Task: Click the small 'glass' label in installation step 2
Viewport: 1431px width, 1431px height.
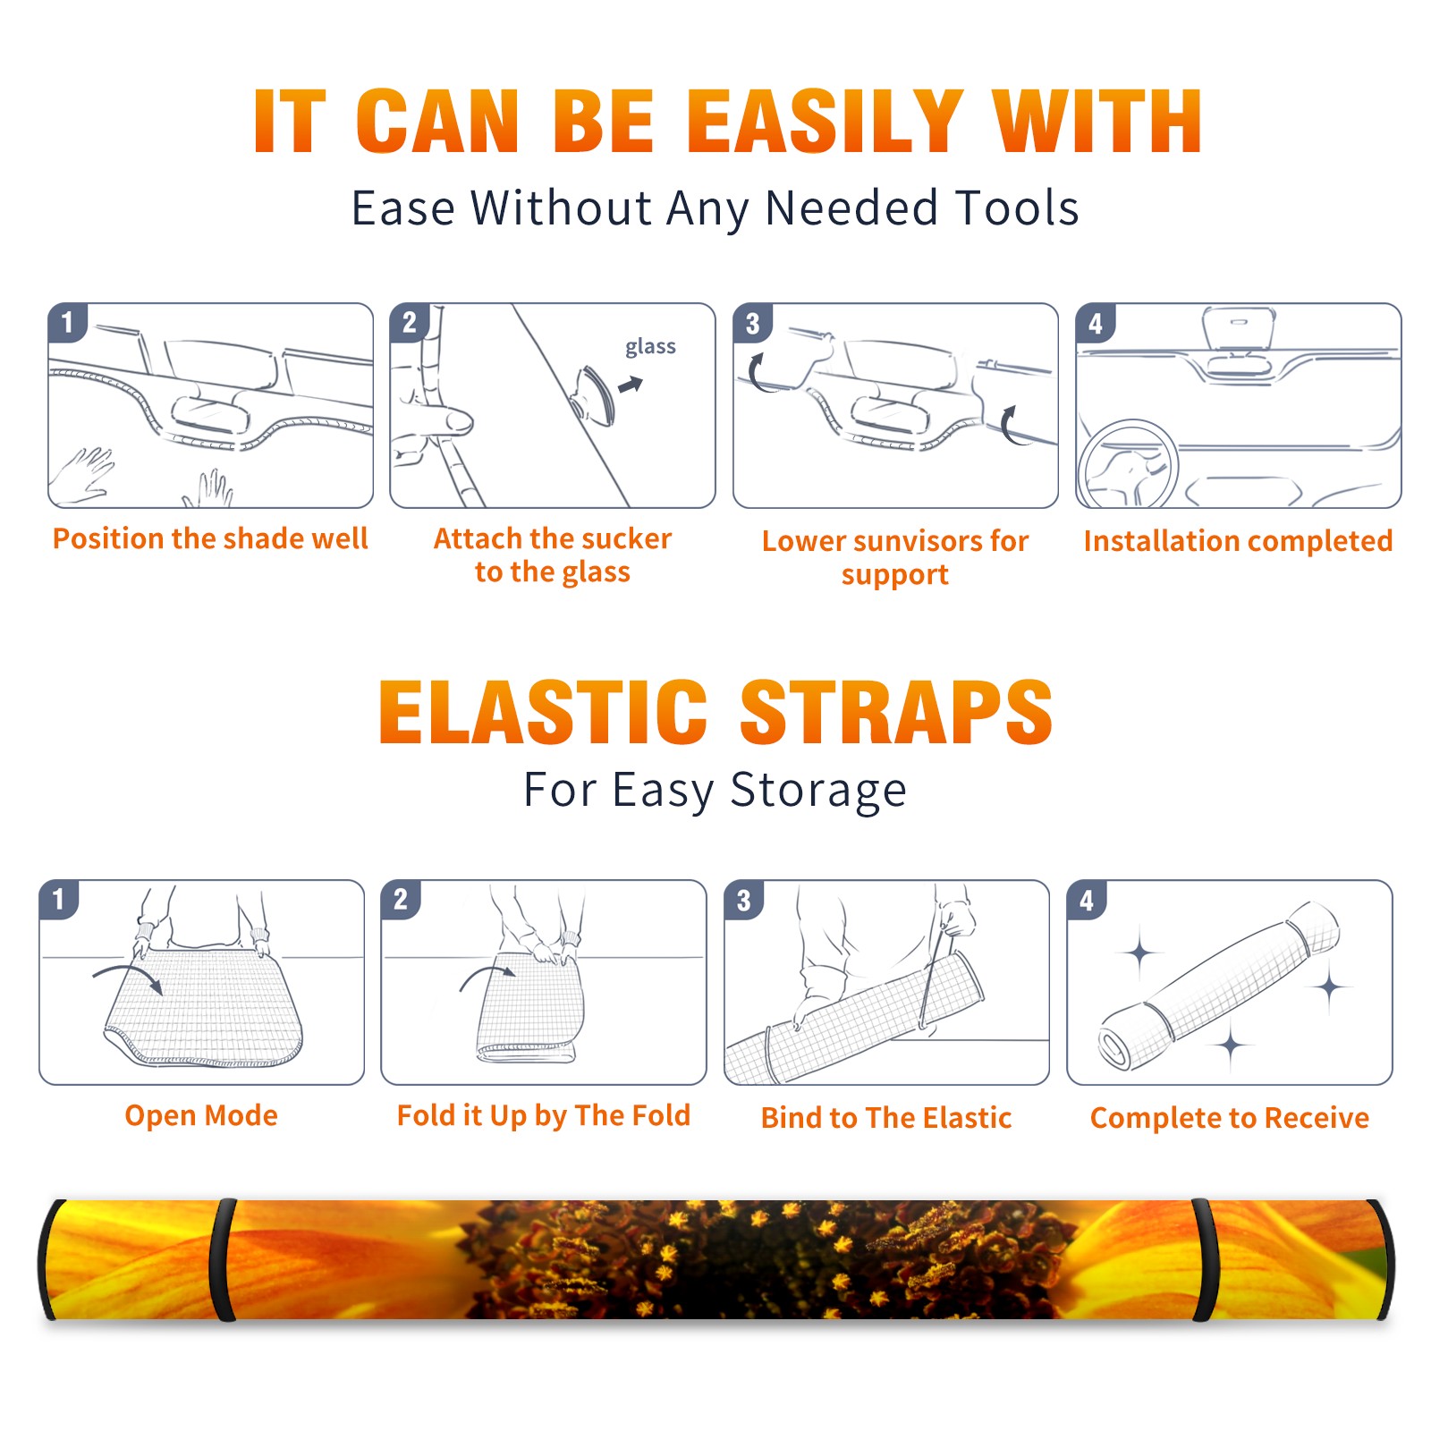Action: [650, 347]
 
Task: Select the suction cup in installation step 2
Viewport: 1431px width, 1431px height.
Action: [593, 394]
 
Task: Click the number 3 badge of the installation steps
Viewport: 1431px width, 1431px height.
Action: [752, 323]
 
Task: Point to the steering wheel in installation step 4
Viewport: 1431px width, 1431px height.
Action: [1128, 465]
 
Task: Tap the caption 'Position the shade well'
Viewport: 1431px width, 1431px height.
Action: [210, 538]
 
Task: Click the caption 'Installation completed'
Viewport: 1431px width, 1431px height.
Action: [1238, 541]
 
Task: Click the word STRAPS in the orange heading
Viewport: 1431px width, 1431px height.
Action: [896, 712]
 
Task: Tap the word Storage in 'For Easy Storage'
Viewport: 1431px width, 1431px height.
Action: [818, 791]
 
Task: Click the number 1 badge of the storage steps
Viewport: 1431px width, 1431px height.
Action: [59, 899]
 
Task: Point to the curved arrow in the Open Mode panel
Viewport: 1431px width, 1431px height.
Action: [128, 976]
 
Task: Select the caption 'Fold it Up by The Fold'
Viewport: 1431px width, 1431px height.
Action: [544, 1115]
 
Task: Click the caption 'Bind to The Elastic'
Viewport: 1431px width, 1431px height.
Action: [886, 1118]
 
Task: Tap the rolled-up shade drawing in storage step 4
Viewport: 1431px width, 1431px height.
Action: [1219, 986]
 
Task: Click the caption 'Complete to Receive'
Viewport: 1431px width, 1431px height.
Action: [1230, 1118]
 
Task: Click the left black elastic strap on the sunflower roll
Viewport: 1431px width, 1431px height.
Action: [223, 1260]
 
